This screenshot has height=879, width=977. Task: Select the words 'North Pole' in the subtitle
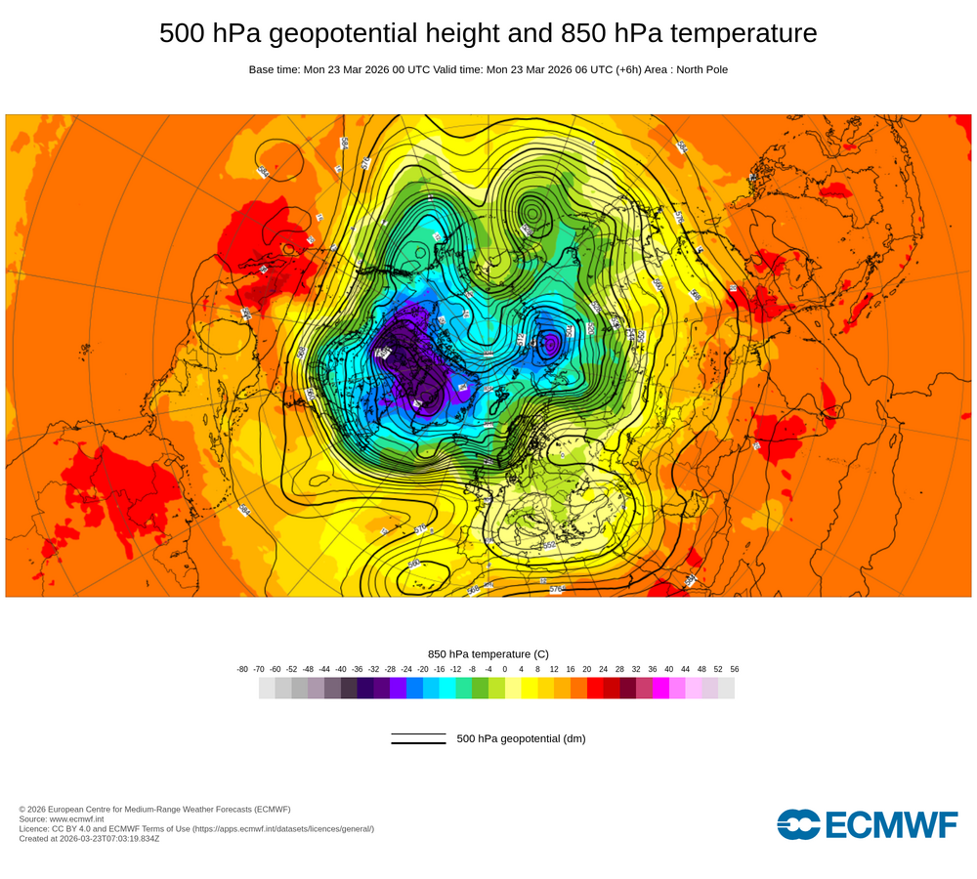click(700, 69)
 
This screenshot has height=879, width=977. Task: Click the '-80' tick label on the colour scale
click(242, 669)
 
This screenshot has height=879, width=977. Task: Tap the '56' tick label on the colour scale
click(734, 669)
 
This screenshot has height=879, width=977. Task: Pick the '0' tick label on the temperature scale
click(505, 669)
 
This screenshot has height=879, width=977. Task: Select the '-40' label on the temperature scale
click(341, 669)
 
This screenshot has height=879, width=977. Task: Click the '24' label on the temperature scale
click(603, 669)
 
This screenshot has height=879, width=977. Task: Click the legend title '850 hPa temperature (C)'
click(488, 653)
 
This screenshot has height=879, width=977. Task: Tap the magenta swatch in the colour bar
click(660, 689)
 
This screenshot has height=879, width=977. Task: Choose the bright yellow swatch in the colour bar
click(530, 689)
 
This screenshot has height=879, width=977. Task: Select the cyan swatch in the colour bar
click(447, 689)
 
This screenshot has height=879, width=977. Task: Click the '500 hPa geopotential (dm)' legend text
click(521, 738)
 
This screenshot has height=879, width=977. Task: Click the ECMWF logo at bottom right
click(868, 824)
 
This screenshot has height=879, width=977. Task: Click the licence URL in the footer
click(282, 828)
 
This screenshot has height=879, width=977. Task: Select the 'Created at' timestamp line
click(89, 838)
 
